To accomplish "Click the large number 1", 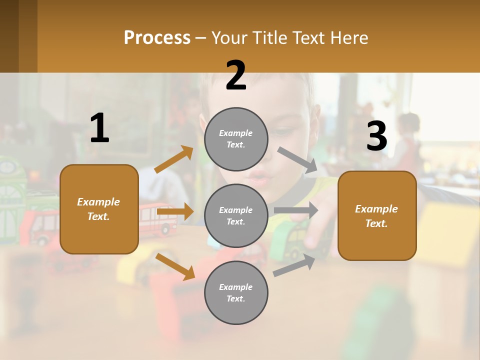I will click(x=99, y=128).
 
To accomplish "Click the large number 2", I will click(x=236, y=75).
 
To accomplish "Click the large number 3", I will click(x=376, y=136).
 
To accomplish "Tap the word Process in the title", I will click(x=157, y=37).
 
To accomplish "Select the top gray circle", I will click(x=236, y=139).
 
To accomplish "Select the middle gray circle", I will click(x=236, y=215).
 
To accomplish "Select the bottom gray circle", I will click(x=236, y=292).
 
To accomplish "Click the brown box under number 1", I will click(x=99, y=209).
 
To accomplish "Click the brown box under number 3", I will click(x=377, y=215).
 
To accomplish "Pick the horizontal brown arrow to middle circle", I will click(x=175, y=212).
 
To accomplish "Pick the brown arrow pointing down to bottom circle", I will click(x=175, y=266).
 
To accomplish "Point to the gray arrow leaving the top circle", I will click(x=297, y=160).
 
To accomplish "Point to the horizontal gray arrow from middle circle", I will click(x=296, y=210).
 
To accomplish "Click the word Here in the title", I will click(x=349, y=37).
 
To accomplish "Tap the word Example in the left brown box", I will click(x=98, y=202).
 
